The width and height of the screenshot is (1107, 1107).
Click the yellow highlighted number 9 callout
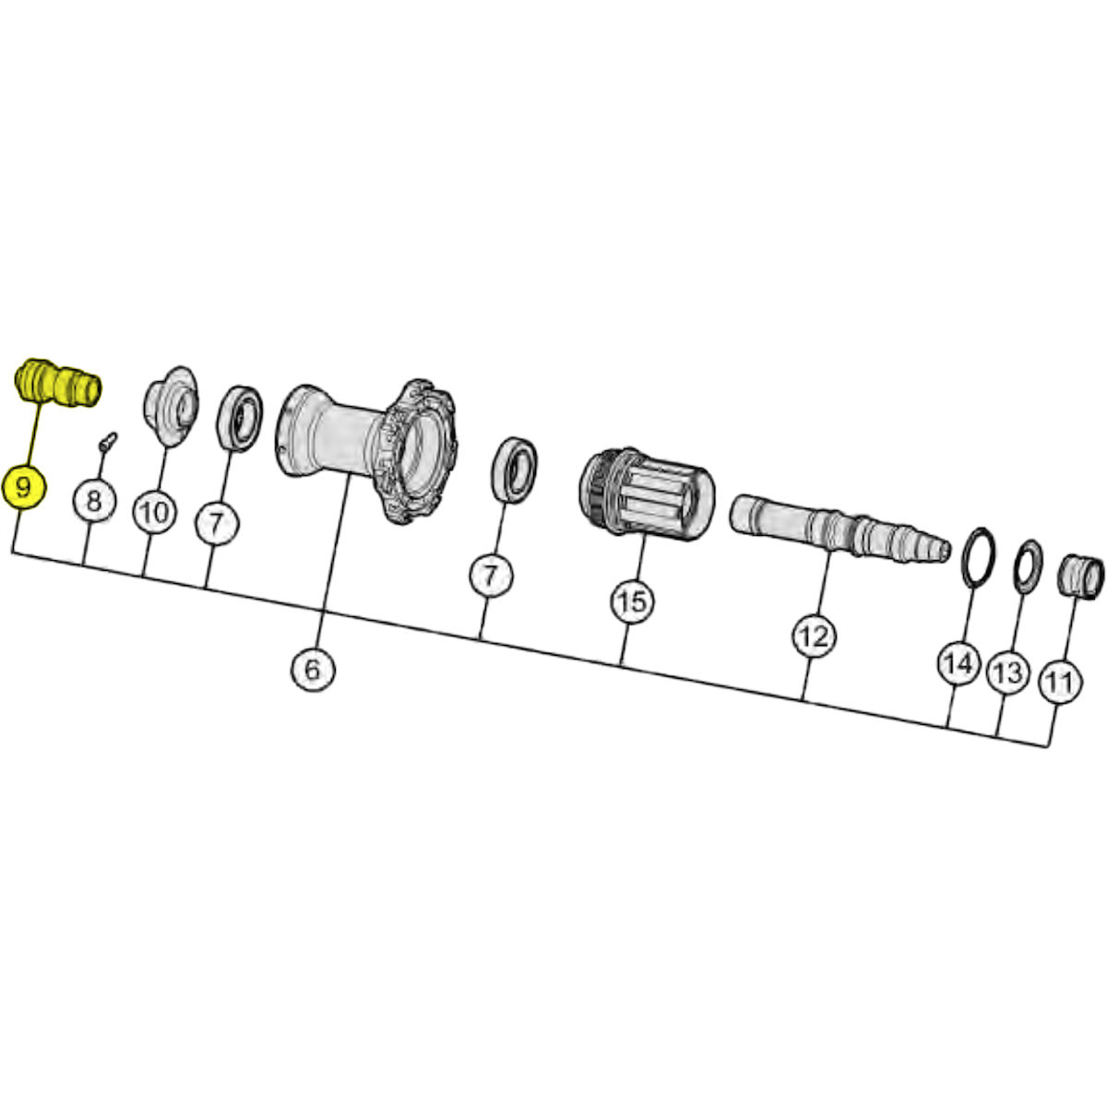(x=24, y=487)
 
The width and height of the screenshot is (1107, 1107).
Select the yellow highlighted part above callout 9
(x=57, y=383)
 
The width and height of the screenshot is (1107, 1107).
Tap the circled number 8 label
(x=94, y=500)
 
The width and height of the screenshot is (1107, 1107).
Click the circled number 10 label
(x=155, y=512)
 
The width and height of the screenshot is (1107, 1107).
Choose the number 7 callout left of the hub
(x=217, y=523)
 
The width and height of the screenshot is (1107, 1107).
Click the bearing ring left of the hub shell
(x=239, y=418)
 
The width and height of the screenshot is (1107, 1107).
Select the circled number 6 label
(x=313, y=671)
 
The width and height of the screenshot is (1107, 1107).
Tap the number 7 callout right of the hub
(x=491, y=576)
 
